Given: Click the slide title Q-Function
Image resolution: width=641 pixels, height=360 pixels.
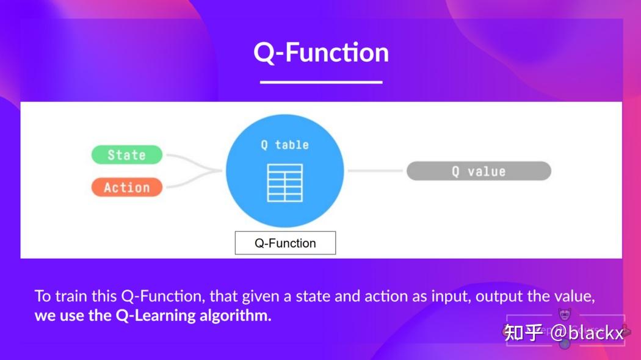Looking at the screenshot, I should coord(321,52).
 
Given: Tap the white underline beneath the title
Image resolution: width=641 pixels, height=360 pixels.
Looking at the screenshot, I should coord(321,82).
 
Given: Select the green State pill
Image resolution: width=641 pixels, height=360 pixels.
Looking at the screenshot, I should coord(127,155).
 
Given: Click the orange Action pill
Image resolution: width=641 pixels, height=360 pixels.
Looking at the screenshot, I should coord(127,187).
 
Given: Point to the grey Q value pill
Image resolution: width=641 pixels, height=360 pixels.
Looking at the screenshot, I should coord(479,171).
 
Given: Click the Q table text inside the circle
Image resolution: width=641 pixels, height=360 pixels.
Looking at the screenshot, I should coord(284,145).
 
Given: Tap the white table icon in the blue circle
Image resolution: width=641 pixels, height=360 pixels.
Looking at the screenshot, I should coord(284,182).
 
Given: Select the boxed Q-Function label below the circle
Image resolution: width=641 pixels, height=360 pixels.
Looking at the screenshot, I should coord(285,243).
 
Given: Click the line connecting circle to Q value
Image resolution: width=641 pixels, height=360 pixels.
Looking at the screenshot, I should coord(375,171).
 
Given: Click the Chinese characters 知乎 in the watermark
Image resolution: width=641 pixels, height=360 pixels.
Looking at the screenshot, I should coord(524,333).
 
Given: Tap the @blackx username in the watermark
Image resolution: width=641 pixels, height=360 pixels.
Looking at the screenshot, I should coord(587,333).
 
